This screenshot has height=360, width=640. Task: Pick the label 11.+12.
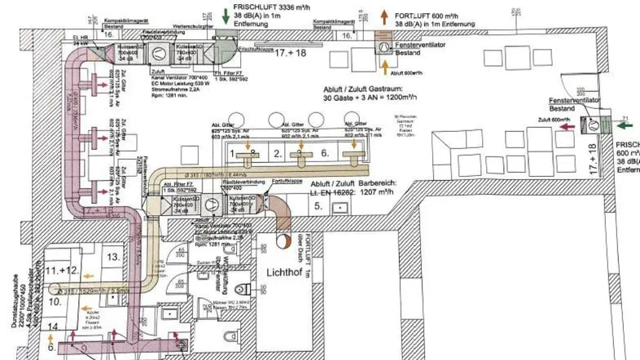click(x=61, y=268)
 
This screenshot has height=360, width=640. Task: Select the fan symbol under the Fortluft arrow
click(x=384, y=46)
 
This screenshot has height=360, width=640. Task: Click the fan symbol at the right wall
click(x=603, y=125)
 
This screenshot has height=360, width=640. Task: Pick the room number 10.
click(x=55, y=301)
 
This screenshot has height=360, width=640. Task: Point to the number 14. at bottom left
click(x=53, y=326)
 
